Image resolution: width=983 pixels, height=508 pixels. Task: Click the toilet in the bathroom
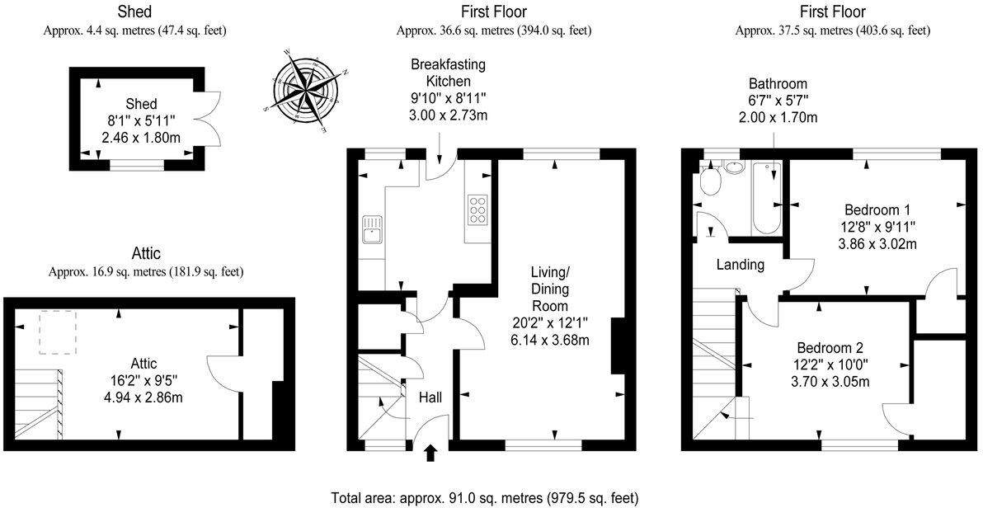click(x=711, y=181)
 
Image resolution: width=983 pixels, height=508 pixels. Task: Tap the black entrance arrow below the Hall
click(x=431, y=453)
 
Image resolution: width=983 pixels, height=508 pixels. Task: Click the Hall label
click(x=430, y=397)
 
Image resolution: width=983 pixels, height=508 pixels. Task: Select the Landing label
click(x=741, y=265)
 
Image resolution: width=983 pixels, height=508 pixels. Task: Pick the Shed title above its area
click(x=134, y=12)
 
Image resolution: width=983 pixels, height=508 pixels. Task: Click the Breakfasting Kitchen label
click(x=449, y=72)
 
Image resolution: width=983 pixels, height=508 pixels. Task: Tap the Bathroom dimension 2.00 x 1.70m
click(x=778, y=116)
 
